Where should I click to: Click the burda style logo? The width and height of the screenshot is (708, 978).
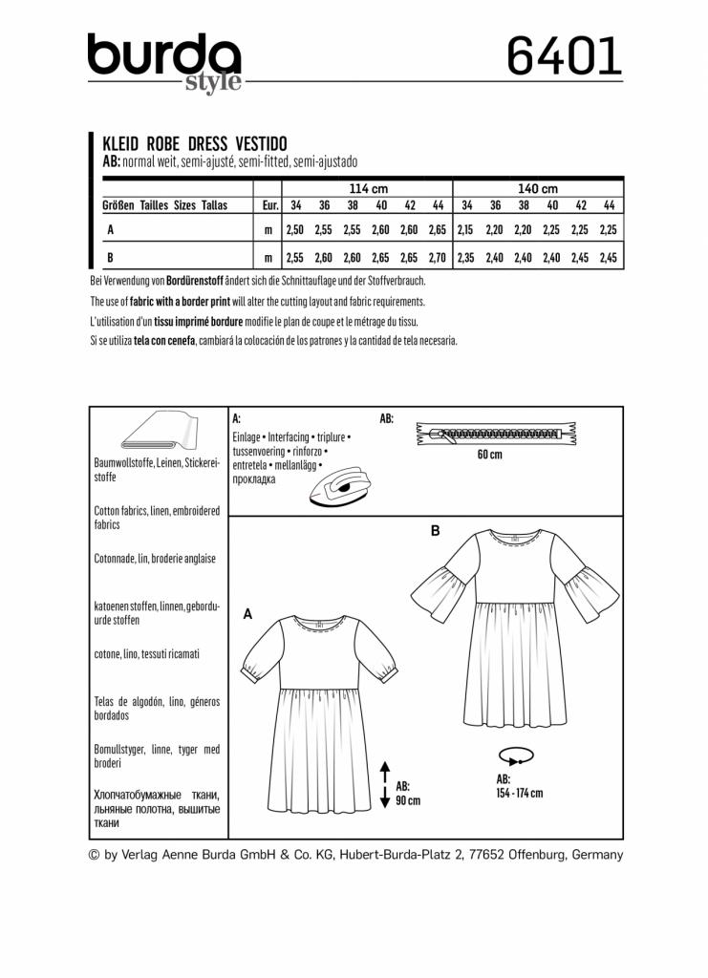click(165, 62)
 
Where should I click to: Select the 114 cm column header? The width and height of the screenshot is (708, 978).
click(368, 188)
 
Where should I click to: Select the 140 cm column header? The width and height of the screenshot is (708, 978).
click(538, 188)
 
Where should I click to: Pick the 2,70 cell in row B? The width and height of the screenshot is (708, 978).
click(439, 258)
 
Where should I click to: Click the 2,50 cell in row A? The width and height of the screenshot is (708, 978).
click(296, 230)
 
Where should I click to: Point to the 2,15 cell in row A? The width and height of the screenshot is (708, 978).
click(466, 230)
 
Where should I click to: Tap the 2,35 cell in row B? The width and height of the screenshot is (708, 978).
click(466, 258)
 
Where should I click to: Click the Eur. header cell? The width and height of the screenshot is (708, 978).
click(269, 205)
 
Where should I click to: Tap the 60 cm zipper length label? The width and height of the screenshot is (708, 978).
click(489, 455)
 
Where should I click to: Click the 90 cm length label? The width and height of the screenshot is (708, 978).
click(408, 795)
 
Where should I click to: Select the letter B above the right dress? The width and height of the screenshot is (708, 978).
click(436, 531)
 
